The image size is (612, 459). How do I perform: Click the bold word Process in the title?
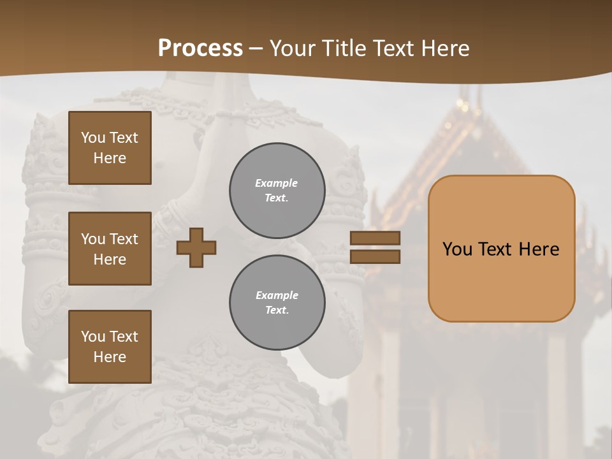click(200, 48)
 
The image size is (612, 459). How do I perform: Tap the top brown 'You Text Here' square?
click(110, 148)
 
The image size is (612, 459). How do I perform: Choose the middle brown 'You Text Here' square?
click(110, 249)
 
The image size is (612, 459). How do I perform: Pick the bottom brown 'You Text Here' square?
click(110, 347)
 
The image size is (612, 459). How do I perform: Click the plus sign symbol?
click(196, 247)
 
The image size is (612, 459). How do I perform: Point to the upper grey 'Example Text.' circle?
click(277, 191)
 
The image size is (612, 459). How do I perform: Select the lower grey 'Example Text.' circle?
click(277, 303)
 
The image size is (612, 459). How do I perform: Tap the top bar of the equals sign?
click(375, 238)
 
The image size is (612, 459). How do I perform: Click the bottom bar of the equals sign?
click(375, 256)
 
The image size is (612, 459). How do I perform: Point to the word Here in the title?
click(446, 48)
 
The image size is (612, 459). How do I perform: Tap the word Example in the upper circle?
click(276, 183)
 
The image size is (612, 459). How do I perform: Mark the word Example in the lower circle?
click(277, 295)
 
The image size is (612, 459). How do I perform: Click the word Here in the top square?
click(110, 158)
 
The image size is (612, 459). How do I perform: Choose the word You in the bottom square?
click(93, 336)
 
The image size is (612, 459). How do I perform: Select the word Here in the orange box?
click(539, 249)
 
